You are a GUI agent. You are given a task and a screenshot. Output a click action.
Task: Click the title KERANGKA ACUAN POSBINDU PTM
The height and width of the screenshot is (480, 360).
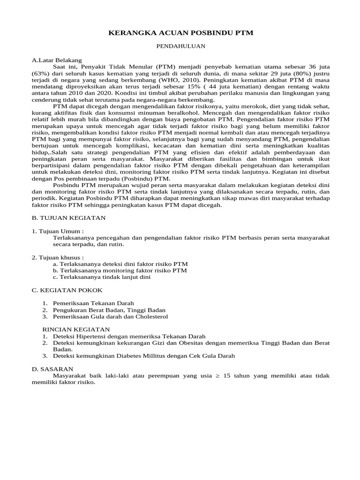pos(180,33)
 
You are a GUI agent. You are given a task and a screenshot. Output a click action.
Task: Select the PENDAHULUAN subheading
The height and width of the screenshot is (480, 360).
pos(180,46)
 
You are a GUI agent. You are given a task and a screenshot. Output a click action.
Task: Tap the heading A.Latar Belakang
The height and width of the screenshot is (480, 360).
pos(57,60)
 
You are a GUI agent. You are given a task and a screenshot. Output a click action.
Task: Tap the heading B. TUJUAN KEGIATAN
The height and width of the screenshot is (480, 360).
pos(69,217)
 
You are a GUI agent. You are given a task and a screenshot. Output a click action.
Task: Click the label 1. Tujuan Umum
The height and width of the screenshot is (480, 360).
pos(58,231)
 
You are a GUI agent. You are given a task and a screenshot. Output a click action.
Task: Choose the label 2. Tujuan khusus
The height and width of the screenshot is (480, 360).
pos(58,257)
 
